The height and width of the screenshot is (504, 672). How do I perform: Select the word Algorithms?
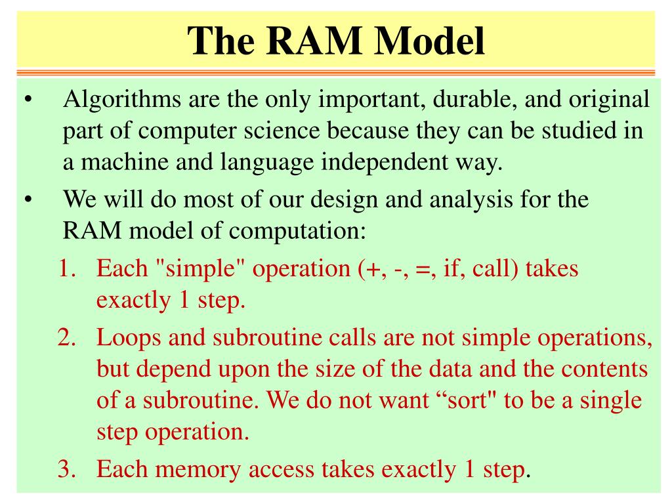tap(122, 101)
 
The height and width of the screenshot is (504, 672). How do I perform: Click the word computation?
tap(295, 230)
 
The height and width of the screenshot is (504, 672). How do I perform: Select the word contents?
tap(603, 369)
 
